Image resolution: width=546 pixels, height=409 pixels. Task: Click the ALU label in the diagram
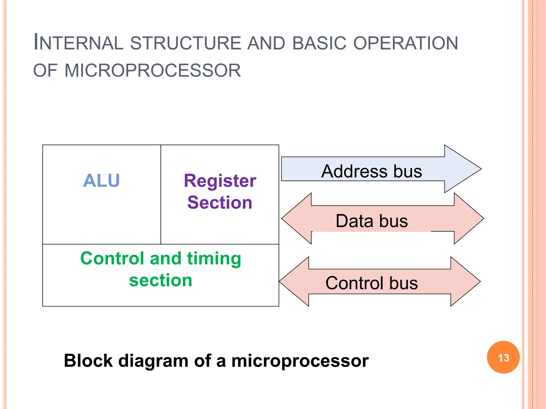pyautogui.click(x=101, y=181)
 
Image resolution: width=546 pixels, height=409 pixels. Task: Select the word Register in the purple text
pyautogui.click(x=220, y=181)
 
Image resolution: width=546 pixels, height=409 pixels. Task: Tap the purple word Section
pyautogui.click(x=220, y=203)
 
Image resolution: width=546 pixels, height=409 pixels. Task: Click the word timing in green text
pyautogui.click(x=214, y=259)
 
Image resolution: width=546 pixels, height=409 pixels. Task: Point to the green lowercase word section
pyautogui.click(x=160, y=280)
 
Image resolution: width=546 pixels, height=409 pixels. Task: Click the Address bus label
pyautogui.click(x=372, y=171)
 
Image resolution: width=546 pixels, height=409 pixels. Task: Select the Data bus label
pyautogui.click(x=372, y=221)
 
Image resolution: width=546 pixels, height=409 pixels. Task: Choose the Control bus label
pyautogui.click(x=372, y=283)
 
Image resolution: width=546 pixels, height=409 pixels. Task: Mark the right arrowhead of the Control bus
pyautogui.click(x=467, y=281)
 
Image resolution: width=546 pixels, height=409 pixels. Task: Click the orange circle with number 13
pyautogui.click(x=503, y=357)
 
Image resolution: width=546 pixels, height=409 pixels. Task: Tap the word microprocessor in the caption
pyautogui.click(x=300, y=361)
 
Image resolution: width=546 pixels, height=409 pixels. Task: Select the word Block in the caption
pyautogui.click(x=88, y=361)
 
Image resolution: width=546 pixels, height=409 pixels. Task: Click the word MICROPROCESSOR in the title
pyautogui.click(x=152, y=71)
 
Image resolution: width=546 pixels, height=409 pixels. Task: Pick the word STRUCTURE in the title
pyautogui.click(x=186, y=43)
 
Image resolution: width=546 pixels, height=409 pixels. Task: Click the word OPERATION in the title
pyautogui.click(x=406, y=43)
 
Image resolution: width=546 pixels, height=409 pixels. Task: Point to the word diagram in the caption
pyautogui.click(x=154, y=361)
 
